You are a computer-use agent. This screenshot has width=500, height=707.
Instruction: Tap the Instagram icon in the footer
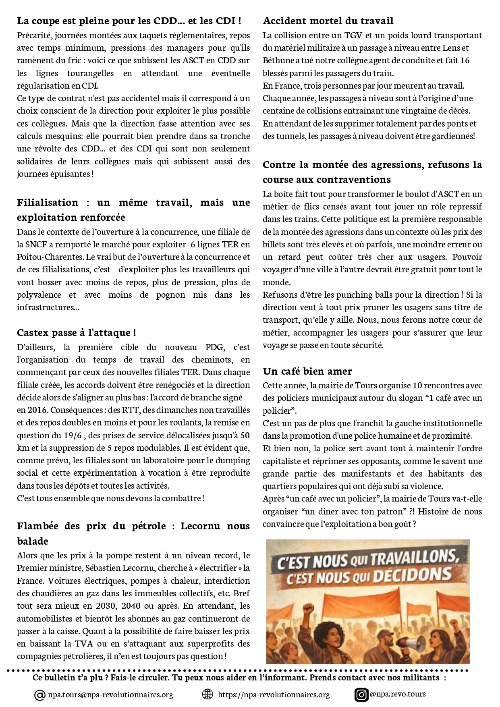(x=361, y=695)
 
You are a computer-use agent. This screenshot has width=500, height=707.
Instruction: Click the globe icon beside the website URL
(x=207, y=694)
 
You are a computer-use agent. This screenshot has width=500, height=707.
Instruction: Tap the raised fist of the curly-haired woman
(x=309, y=609)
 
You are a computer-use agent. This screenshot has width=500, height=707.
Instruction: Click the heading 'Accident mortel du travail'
(x=328, y=21)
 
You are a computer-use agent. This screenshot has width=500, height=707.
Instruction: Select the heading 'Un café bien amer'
(x=307, y=371)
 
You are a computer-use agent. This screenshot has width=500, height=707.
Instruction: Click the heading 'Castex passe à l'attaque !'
(x=76, y=333)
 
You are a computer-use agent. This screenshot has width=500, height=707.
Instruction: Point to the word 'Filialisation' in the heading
(x=48, y=203)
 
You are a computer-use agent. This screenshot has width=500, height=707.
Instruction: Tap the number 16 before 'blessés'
(x=465, y=60)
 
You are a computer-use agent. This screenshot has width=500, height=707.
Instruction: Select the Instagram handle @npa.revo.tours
(x=398, y=694)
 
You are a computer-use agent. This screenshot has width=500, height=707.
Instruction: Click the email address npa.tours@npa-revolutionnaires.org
(x=110, y=695)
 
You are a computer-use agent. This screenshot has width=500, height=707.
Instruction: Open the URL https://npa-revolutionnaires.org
(x=274, y=695)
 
